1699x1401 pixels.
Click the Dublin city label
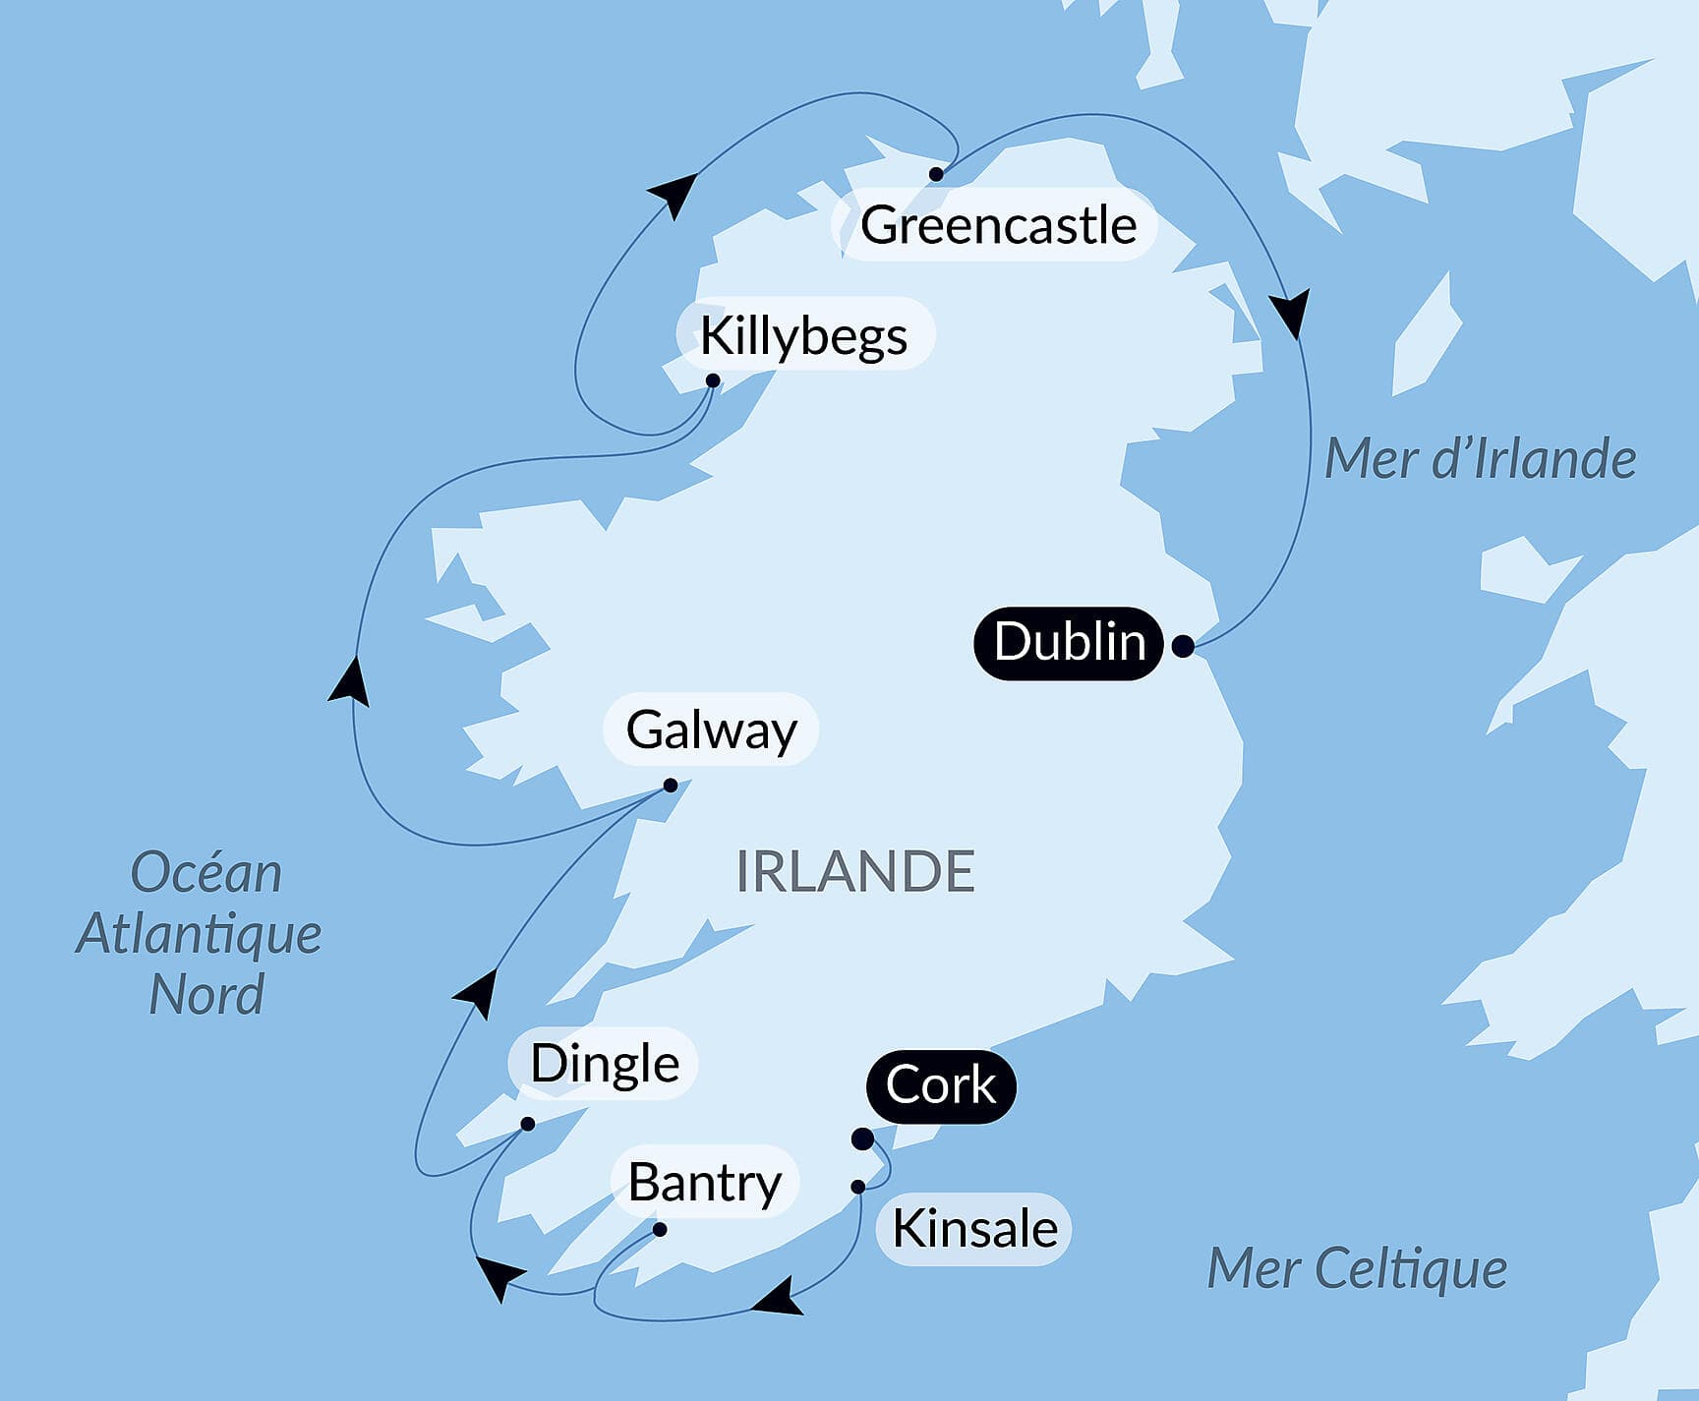(x=1069, y=643)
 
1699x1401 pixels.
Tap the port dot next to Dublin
(x=1184, y=646)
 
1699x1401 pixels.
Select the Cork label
(x=940, y=1085)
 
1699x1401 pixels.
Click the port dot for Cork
(x=862, y=1139)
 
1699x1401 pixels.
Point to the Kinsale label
(x=973, y=1229)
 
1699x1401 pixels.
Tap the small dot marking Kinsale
(x=858, y=1187)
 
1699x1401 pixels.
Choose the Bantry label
(x=704, y=1182)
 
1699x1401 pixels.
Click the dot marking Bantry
(x=660, y=1230)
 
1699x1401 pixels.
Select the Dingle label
(x=604, y=1064)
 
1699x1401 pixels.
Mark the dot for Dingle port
(x=528, y=1124)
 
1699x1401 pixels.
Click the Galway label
(x=711, y=730)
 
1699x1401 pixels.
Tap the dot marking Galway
(x=671, y=786)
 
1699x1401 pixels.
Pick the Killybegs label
(x=803, y=336)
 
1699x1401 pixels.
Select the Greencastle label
(x=997, y=225)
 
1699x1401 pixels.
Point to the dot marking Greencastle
(x=936, y=174)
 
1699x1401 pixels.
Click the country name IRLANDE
(x=855, y=871)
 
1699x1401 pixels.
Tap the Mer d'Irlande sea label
(x=1480, y=459)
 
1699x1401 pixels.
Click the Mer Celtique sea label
(x=1357, y=1268)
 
